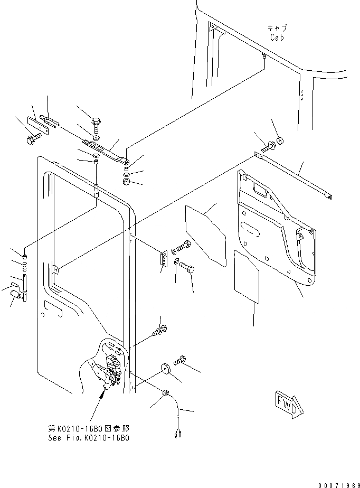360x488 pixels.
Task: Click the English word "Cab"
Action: coord(278,37)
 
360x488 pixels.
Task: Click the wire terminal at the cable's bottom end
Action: coord(176,434)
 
